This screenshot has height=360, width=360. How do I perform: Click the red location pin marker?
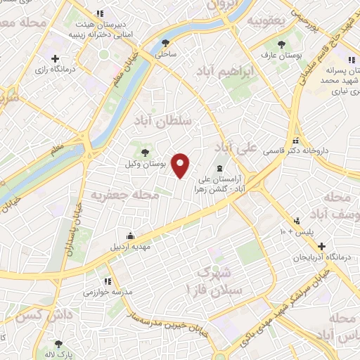[181, 165]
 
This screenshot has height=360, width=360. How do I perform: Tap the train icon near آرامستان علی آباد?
[221, 167]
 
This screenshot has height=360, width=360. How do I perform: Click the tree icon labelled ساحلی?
[166, 41]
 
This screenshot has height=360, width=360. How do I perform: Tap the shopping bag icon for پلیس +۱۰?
[297, 220]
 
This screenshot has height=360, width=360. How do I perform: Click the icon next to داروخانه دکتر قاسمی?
[297, 139]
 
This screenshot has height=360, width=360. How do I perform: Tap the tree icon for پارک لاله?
[59, 344]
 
